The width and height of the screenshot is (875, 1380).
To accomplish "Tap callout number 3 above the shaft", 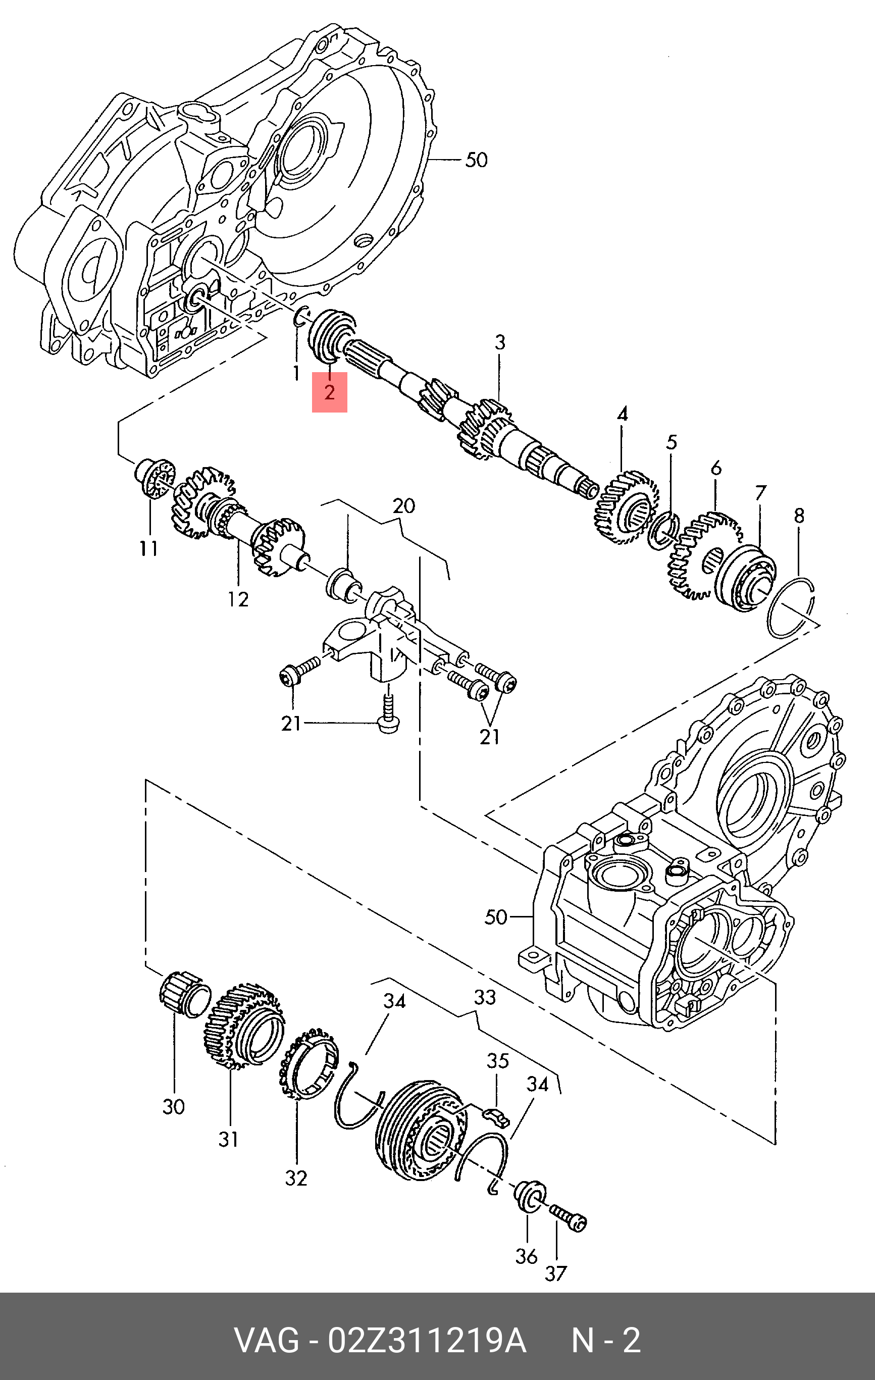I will click(x=500, y=343).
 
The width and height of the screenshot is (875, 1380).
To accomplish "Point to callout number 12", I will click(x=238, y=599).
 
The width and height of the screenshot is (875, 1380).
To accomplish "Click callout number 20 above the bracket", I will click(x=403, y=506).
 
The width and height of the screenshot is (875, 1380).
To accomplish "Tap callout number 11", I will click(x=148, y=549).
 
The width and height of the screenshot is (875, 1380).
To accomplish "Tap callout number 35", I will click(x=497, y=1061).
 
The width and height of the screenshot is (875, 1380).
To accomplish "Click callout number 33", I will click(x=484, y=998).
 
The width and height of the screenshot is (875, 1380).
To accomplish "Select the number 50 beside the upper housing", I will click(x=476, y=160).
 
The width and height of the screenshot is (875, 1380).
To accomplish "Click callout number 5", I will click(x=671, y=442).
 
